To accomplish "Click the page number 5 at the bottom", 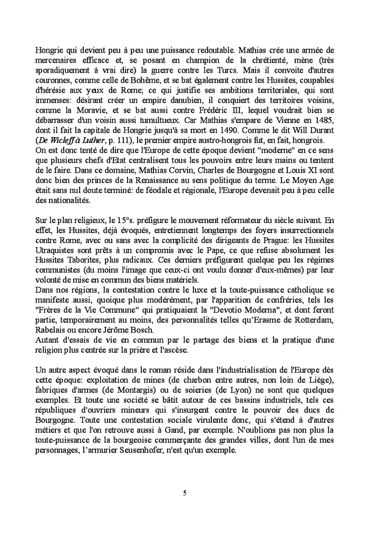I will point(184,493).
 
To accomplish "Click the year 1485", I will point(323,120).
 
